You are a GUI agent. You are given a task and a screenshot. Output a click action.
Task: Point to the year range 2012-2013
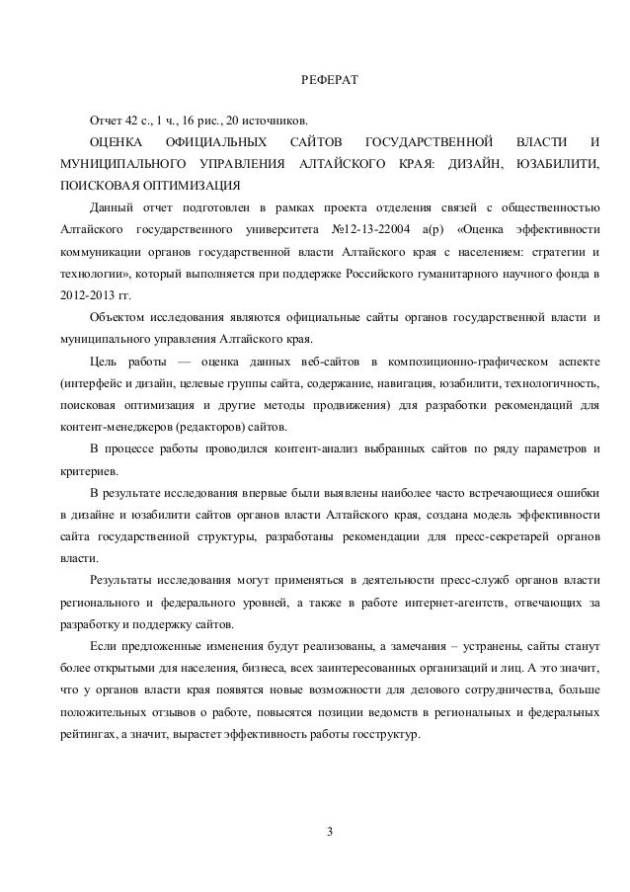point(87,294)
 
